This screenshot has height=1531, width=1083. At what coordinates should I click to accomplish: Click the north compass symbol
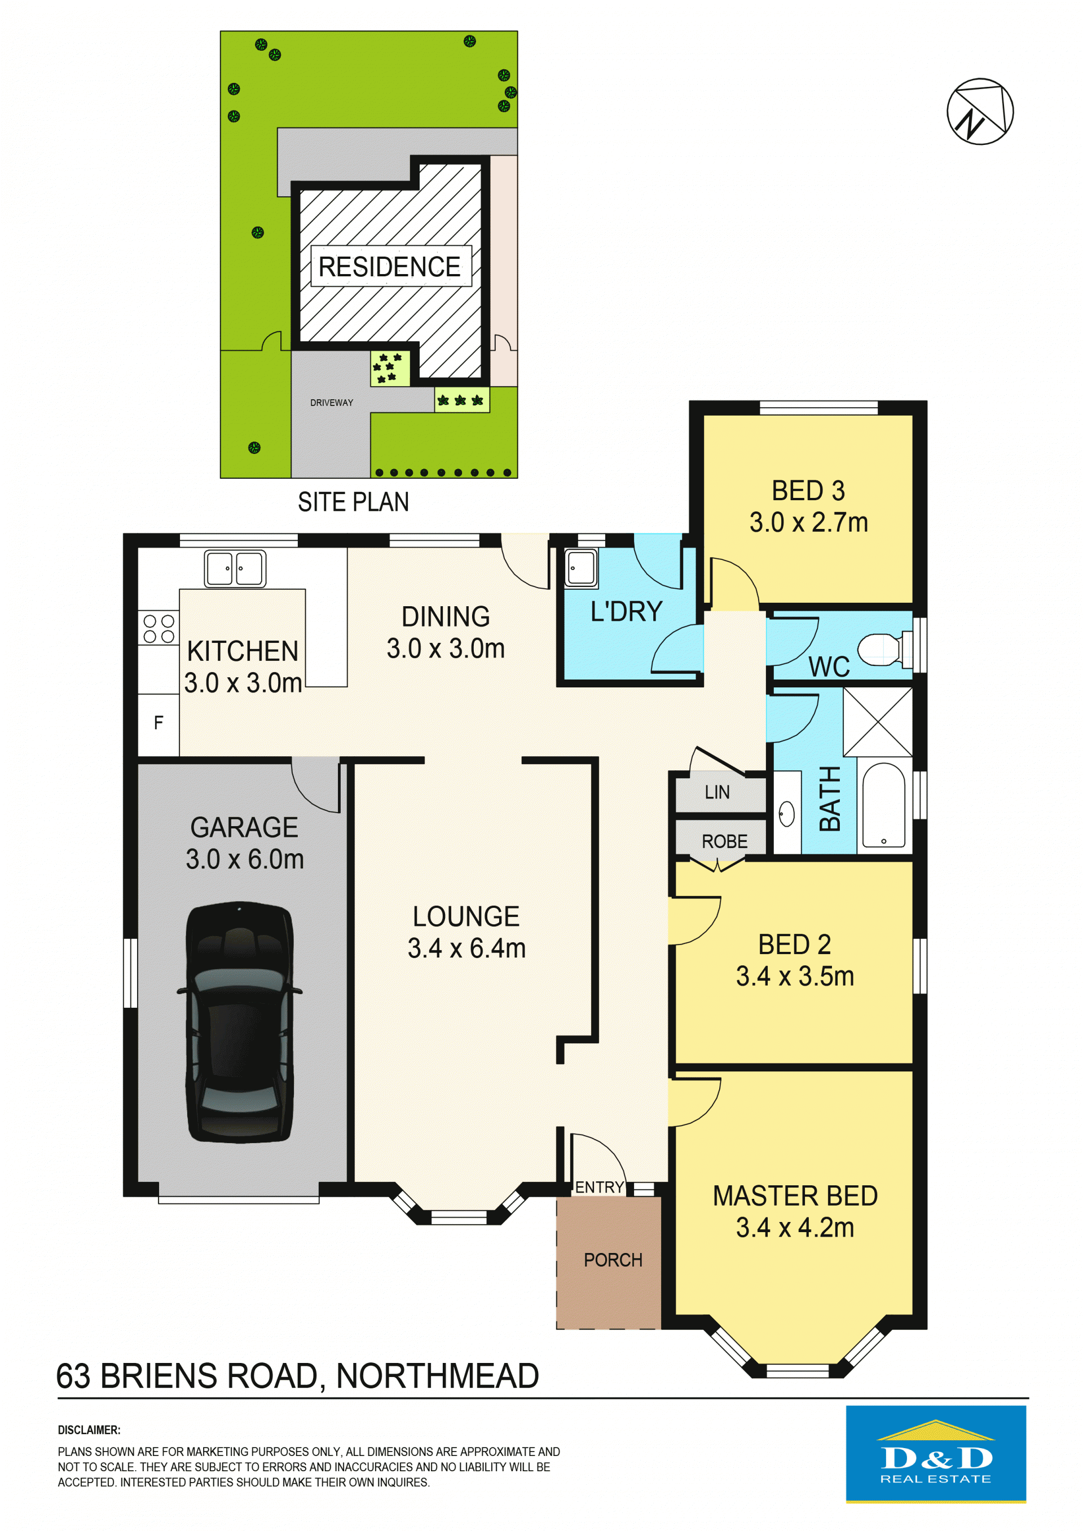980,111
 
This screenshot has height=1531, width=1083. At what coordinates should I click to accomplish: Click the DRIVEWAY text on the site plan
332,403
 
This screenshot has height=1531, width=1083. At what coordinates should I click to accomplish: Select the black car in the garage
239,1022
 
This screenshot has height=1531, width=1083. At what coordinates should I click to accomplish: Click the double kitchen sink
235,569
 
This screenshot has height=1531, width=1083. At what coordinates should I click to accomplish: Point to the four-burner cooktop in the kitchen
159,628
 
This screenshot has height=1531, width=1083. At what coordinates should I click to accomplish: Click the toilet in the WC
884,649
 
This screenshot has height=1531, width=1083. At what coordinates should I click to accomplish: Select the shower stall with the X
878,722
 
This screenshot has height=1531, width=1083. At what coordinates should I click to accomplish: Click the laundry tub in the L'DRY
582,568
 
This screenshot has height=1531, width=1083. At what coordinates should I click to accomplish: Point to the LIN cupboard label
717,792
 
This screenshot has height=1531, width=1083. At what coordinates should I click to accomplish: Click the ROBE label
724,841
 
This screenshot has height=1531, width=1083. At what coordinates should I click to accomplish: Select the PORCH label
613,1260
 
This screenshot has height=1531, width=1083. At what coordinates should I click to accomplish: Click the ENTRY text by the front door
600,1187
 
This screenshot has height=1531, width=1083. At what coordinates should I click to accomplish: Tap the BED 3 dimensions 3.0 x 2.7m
808,522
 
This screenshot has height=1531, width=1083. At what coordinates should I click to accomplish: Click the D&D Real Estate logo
936,1454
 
